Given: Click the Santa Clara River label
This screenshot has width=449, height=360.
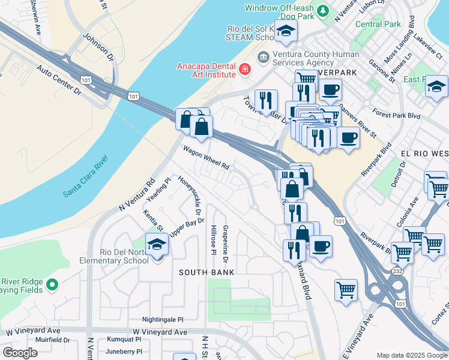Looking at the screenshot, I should tap(85, 177).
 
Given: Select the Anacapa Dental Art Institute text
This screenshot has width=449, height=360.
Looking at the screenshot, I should tap(205, 70).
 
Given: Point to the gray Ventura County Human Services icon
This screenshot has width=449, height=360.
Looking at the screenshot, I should tap(262, 57).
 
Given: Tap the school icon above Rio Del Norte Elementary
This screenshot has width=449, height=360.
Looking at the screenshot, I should tap(157, 245).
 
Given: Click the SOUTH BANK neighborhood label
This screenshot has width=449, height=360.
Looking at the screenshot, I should tap(206, 272).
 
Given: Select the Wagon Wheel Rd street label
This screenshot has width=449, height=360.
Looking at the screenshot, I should tap(206, 158).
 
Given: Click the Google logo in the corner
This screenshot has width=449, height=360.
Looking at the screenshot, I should tap(20, 353).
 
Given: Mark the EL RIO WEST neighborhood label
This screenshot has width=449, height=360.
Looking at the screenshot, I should tap(424, 154).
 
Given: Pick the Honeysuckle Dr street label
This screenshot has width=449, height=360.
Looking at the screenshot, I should tap(196, 196).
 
